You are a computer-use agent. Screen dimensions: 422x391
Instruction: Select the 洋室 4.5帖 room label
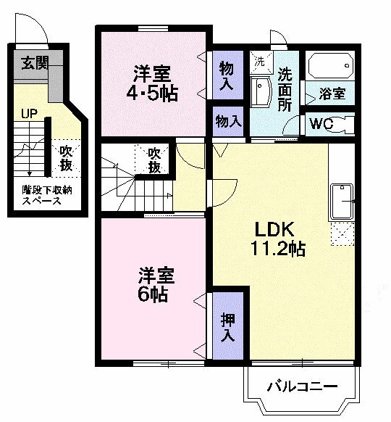[154, 83]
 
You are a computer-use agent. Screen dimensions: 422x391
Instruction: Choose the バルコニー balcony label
[301, 386]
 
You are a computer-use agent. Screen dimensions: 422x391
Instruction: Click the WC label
[321, 124]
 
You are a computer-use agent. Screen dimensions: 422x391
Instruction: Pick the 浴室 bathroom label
[333, 94]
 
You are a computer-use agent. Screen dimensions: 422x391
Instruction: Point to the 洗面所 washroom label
[285, 88]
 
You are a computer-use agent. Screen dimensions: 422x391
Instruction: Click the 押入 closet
[227, 326]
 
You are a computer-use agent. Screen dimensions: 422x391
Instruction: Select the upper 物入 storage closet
[227, 76]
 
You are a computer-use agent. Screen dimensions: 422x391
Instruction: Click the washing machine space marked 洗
[258, 61]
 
